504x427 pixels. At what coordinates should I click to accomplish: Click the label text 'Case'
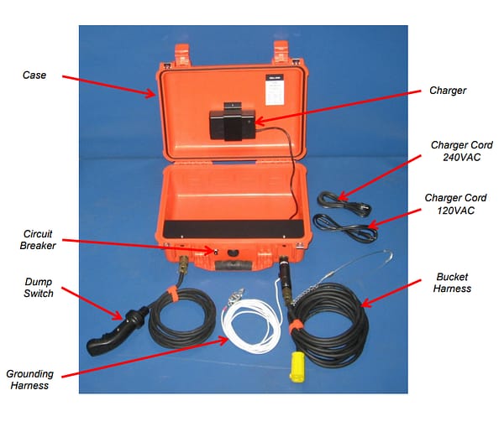(34, 76)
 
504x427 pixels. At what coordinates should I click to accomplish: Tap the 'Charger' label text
(448, 91)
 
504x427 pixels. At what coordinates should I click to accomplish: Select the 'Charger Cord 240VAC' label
(462, 151)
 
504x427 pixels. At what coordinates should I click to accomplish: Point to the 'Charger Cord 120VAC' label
(456, 204)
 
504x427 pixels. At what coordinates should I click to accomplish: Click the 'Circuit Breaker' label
(38, 239)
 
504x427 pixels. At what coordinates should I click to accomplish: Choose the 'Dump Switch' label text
(39, 288)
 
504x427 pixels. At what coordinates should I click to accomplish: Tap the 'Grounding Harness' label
(30, 379)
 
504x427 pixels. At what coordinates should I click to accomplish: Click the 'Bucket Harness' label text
(452, 283)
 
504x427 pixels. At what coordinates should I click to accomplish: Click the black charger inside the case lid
(233, 122)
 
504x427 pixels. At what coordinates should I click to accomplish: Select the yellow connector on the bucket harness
(297, 367)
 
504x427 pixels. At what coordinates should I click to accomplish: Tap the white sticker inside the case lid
(274, 90)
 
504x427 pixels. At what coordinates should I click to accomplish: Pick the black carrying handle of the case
(234, 266)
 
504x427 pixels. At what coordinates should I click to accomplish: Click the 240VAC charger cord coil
(344, 203)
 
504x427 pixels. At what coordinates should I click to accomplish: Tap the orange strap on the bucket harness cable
(295, 326)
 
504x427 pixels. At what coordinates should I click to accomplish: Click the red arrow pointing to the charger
(338, 107)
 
